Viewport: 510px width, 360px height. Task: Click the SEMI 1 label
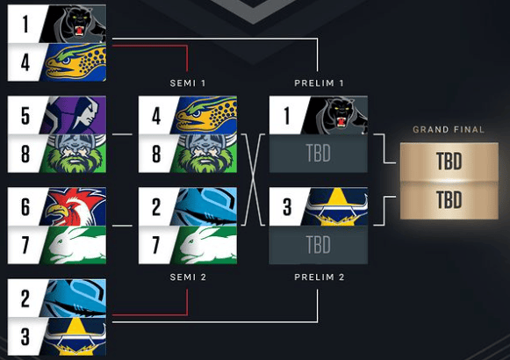click(188, 83)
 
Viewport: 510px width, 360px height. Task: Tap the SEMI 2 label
click(188, 277)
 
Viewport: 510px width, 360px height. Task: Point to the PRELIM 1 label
click(319, 83)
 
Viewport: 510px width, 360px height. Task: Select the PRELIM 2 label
click(319, 277)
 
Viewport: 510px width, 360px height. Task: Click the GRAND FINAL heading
click(449, 130)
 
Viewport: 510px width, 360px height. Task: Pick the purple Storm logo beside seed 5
click(74, 115)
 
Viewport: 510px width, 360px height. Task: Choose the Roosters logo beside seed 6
click(74, 206)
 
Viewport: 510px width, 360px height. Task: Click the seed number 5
click(25, 116)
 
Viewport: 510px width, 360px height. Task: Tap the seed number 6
click(25, 207)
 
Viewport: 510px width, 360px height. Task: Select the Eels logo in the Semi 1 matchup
click(205, 115)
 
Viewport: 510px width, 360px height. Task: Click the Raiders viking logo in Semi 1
click(205, 153)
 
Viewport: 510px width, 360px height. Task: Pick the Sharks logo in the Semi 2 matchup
click(205, 206)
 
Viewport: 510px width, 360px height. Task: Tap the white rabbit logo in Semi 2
click(205, 245)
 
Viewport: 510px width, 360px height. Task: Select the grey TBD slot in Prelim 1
click(319, 153)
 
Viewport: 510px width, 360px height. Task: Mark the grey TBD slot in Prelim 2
click(319, 245)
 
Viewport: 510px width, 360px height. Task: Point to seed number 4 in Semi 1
click(156, 116)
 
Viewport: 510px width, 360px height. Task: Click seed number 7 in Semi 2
click(156, 245)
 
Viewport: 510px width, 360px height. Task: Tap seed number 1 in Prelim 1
click(286, 116)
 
